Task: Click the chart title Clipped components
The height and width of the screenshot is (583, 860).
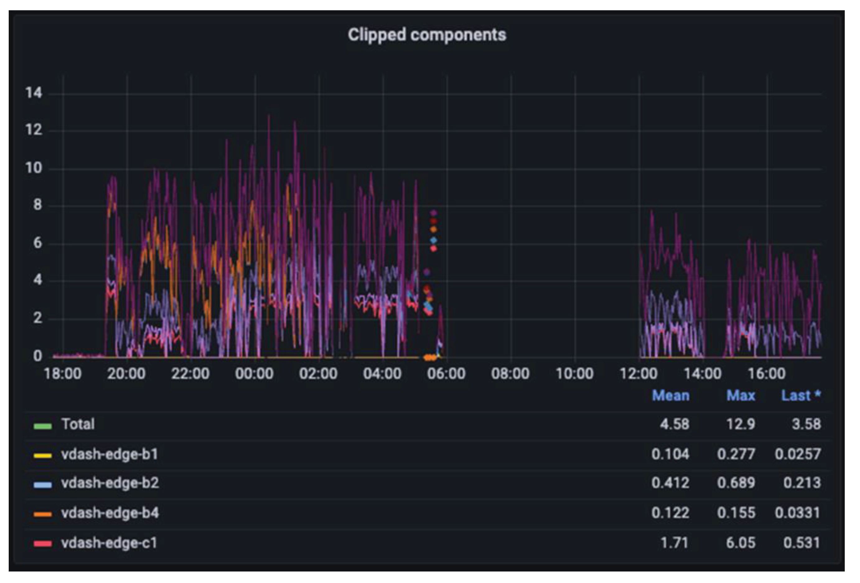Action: click(427, 35)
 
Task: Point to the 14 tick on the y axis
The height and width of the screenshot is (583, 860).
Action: click(34, 93)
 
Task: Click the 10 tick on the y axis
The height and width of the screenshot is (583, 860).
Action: click(34, 168)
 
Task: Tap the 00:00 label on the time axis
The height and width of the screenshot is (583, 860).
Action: click(254, 374)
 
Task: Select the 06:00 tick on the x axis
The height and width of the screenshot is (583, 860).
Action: click(446, 374)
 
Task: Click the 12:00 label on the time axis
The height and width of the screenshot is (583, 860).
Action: click(638, 374)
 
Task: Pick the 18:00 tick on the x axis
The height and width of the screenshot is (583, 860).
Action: click(63, 374)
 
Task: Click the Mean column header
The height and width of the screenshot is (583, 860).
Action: click(671, 396)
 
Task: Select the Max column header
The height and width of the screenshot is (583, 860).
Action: click(741, 396)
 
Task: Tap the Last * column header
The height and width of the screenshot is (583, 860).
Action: click(801, 396)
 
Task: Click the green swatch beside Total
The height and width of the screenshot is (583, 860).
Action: click(43, 426)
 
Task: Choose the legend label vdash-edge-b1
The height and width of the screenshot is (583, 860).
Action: click(110, 454)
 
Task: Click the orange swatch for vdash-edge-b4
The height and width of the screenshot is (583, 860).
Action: click(43, 514)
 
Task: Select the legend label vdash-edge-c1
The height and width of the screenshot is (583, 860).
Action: click(109, 543)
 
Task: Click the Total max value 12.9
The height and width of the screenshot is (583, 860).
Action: click(741, 424)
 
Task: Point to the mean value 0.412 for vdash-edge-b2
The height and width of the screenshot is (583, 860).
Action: click(670, 483)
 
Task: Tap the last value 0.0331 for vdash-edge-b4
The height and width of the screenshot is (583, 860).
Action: click(797, 513)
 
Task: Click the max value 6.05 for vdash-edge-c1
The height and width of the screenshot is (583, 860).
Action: click(741, 543)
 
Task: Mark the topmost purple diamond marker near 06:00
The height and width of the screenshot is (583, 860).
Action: click(433, 213)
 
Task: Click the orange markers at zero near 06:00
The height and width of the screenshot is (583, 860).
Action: click(429, 358)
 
